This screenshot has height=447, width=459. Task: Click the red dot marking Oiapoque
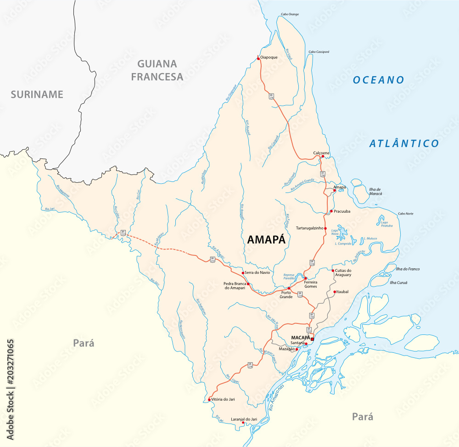258,58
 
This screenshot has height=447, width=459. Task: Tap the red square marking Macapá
312,339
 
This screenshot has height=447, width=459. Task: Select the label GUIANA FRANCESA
157,70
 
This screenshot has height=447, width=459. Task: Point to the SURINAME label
37,95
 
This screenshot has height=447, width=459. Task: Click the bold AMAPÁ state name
266,239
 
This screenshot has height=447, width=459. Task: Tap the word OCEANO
378,80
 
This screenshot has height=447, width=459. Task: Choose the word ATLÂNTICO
404,143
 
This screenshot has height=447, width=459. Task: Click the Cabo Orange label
290,14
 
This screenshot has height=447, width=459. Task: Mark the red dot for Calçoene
323,156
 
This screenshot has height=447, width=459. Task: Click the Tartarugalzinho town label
309,228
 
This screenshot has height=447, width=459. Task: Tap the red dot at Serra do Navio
243,272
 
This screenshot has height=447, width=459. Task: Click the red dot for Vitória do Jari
210,399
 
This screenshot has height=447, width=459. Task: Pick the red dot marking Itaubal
335,291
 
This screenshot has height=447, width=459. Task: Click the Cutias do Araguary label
343,272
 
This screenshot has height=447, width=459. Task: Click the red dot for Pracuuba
331,211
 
